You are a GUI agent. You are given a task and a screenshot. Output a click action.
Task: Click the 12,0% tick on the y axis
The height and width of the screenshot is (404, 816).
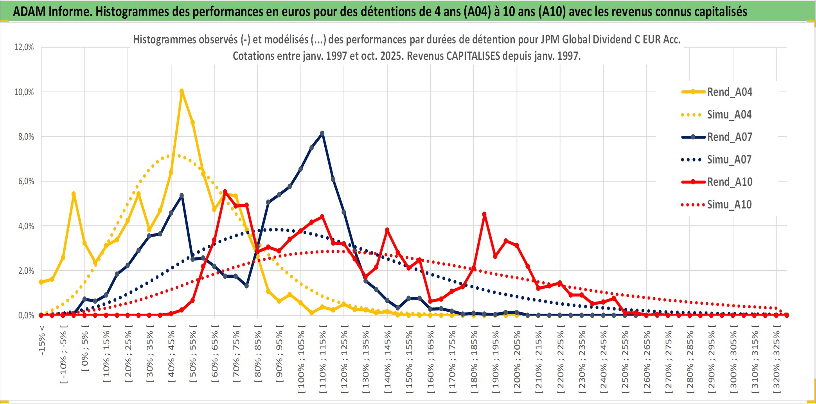click(x=24, y=47)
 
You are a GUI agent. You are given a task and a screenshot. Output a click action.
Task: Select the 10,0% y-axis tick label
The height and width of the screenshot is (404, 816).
click(x=24, y=92)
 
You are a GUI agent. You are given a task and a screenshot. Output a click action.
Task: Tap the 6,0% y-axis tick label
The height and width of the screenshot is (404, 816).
click(x=26, y=181)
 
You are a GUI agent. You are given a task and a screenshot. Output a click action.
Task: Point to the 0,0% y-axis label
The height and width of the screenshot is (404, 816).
click(x=26, y=315)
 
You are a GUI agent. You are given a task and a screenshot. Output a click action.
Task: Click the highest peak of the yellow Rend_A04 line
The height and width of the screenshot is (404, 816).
click(x=182, y=91)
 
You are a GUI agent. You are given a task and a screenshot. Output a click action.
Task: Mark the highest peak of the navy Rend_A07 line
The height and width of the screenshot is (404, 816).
click(x=322, y=133)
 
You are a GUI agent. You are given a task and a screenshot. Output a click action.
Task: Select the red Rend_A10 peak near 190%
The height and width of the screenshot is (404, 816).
click(x=484, y=214)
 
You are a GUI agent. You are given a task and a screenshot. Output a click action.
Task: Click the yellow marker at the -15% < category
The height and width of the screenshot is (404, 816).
click(x=41, y=282)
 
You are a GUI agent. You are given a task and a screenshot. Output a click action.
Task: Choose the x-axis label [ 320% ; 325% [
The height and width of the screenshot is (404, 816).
click(x=776, y=362)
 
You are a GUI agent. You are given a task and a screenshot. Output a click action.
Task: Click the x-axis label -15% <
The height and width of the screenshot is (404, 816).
click(x=42, y=340)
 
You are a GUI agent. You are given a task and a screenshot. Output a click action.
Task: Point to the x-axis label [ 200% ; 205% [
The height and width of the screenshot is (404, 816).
click(x=517, y=362)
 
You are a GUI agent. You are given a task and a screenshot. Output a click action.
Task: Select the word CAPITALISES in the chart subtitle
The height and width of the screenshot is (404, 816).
click(x=473, y=56)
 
